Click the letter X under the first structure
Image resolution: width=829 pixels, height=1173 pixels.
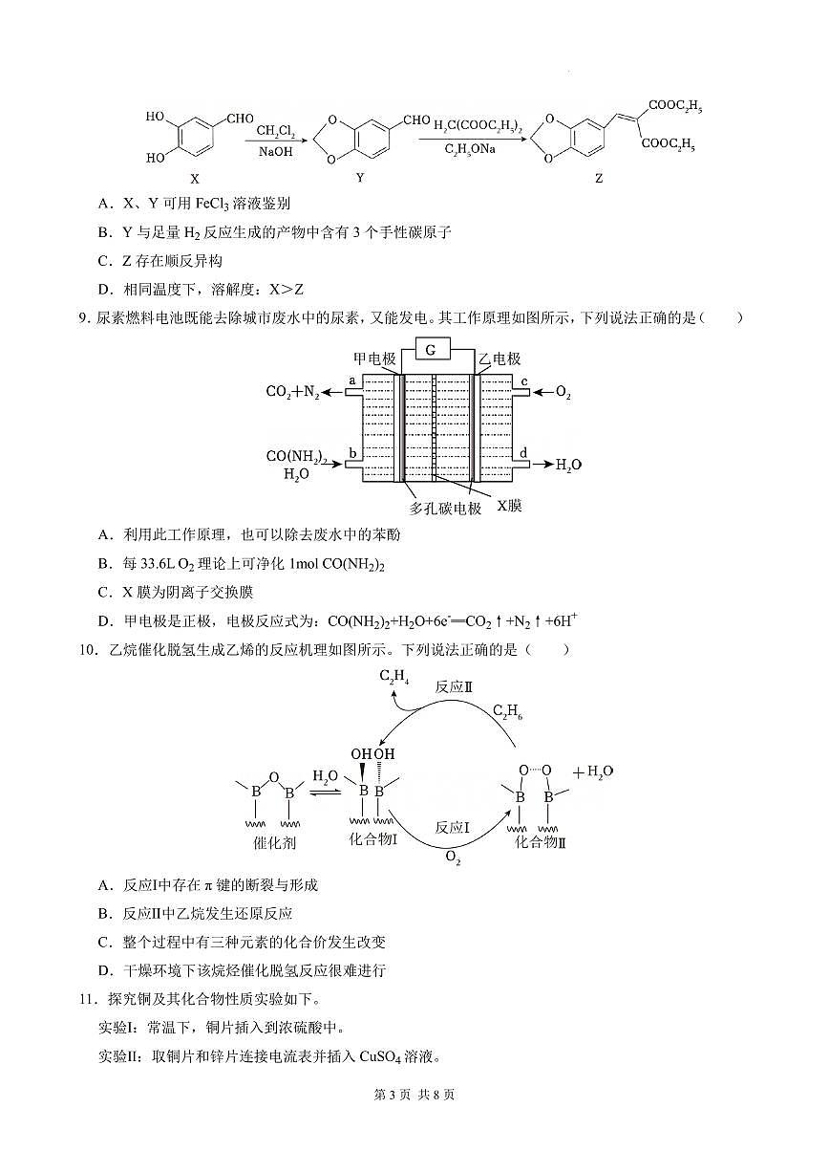[x=195, y=178]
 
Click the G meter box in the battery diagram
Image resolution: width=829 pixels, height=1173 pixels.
[x=431, y=351]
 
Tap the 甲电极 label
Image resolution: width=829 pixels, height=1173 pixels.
[x=374, y=358]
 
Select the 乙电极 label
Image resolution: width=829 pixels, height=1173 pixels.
[x=500, y=358]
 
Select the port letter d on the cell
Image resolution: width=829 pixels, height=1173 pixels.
[x=522, y=451]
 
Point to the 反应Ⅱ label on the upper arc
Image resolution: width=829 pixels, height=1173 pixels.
[x=456, y=687]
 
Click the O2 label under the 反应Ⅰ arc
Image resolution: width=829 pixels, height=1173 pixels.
[x=453, y=859]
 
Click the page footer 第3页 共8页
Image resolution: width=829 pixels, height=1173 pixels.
[x=414, y=1095]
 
